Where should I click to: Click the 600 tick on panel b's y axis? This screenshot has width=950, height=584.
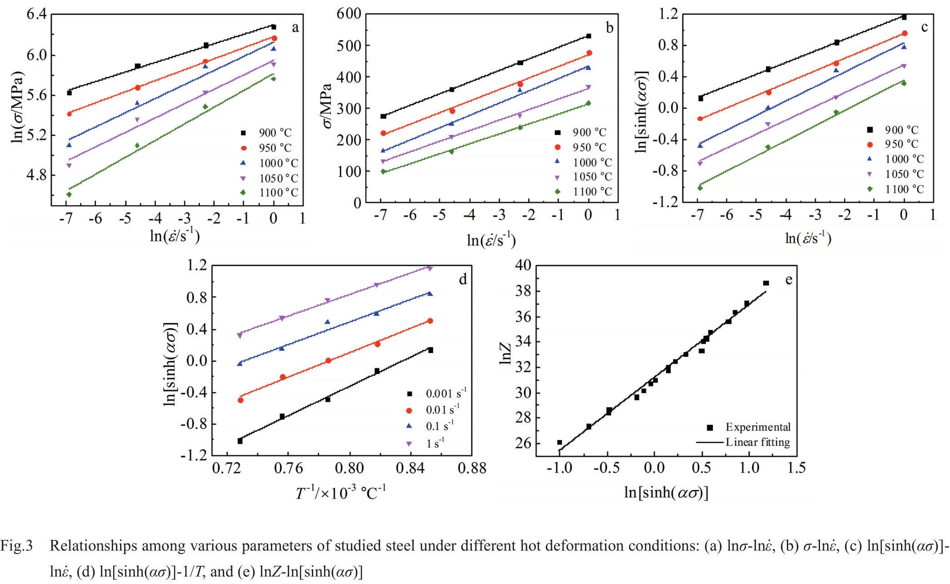(349, 14)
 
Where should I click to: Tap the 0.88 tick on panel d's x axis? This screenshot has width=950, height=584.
(472, 468)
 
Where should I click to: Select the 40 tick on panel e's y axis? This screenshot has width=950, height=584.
(523, 265)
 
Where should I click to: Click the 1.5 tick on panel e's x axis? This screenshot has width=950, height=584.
(796, 468)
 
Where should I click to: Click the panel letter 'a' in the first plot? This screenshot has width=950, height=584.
(295, 28)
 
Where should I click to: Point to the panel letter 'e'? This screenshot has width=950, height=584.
(789, 280)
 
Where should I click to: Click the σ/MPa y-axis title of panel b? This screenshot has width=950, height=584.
(327, 106)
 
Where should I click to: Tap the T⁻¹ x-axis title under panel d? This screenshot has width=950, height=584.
(340, 493)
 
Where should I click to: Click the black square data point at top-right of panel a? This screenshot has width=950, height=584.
(273, 27)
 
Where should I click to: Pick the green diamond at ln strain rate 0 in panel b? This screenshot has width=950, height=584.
(588, 103)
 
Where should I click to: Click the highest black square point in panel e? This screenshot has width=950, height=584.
(766, 283)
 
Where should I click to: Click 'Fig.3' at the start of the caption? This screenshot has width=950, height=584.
(17, 546)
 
